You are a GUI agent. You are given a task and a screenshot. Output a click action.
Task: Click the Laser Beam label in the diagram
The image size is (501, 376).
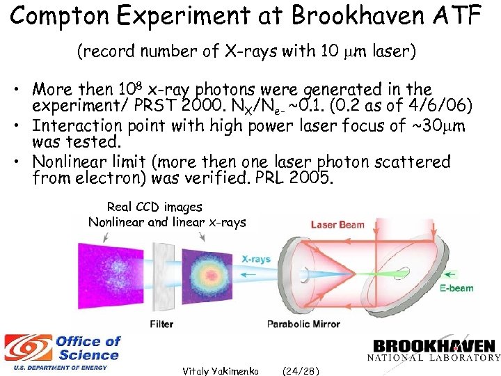coord(337,224)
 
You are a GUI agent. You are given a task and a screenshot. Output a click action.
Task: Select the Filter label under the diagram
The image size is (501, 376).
coord(162,324)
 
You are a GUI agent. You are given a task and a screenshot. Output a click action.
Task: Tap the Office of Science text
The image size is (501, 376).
coord(88,347)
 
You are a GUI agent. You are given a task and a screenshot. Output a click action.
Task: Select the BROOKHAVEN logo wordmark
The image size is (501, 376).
coord(434,345)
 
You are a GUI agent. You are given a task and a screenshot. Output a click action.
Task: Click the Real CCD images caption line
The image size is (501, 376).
coord(154,207)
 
